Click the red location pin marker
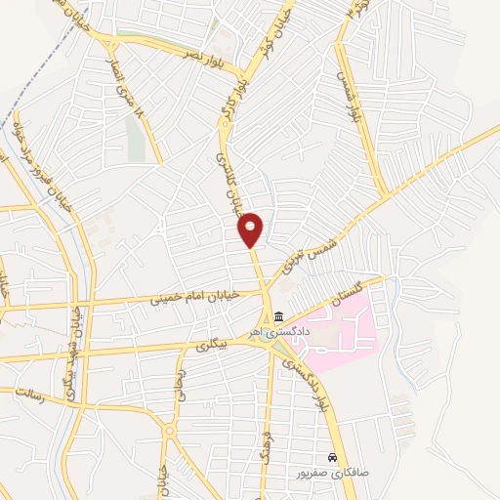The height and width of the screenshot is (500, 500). tap(251, 229)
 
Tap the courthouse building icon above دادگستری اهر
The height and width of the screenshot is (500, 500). tap(279, 317)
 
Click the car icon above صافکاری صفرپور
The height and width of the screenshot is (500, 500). tap(334, 457)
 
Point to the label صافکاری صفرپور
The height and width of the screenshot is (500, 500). tap(334, 472)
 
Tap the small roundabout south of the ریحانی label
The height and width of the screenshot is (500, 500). tap(169, 430)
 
